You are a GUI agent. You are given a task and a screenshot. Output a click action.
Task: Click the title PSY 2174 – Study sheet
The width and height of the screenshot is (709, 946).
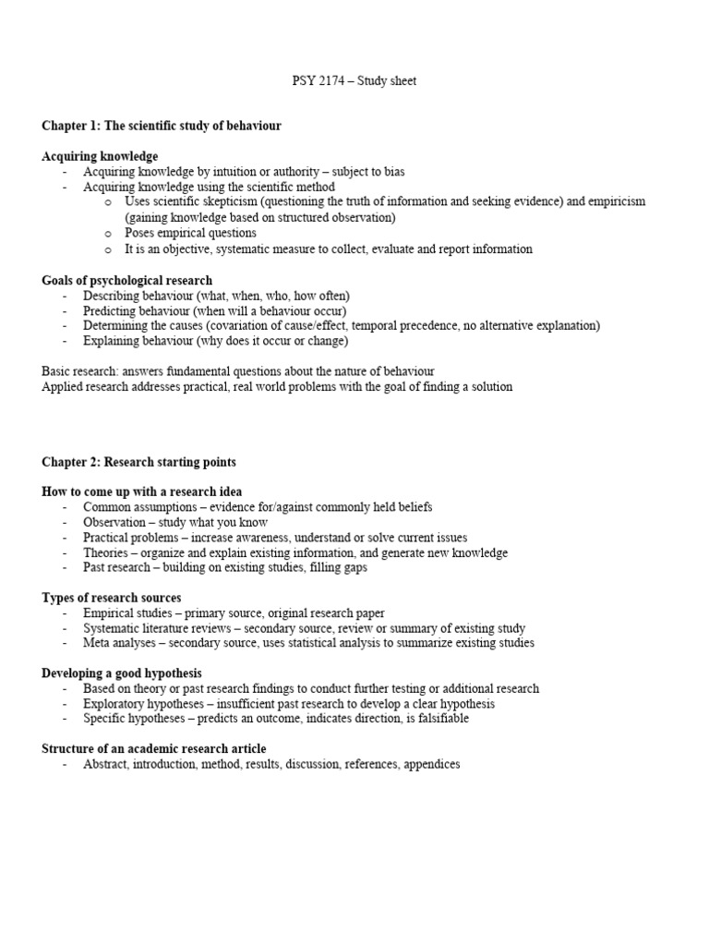pos(354,81)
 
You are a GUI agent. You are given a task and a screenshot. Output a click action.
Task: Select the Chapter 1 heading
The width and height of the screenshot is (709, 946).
pos(162,125)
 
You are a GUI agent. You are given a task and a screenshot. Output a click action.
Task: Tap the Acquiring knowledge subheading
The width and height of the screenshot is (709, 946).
pos(100,156)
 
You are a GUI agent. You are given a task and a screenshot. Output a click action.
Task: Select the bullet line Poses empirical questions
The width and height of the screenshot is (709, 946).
pos(190,233)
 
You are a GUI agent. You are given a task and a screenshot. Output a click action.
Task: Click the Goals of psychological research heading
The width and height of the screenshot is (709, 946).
pos(126,280)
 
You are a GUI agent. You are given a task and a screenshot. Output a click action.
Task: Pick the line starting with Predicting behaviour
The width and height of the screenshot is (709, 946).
pos(214,310)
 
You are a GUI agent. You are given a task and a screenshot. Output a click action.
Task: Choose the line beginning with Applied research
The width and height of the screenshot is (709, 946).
pos(277,387)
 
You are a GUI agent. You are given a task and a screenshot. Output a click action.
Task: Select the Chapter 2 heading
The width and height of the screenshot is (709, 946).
pos(138,461)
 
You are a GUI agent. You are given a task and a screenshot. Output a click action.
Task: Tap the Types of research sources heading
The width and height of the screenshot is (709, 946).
pos(112,598)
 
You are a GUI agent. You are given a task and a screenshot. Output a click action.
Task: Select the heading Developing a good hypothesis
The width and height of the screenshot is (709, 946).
pos(122,673)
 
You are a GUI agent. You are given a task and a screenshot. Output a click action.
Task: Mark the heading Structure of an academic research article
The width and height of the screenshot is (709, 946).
pos(154,748)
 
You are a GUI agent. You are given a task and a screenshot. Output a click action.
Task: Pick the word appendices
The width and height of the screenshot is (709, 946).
pos(427,764)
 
